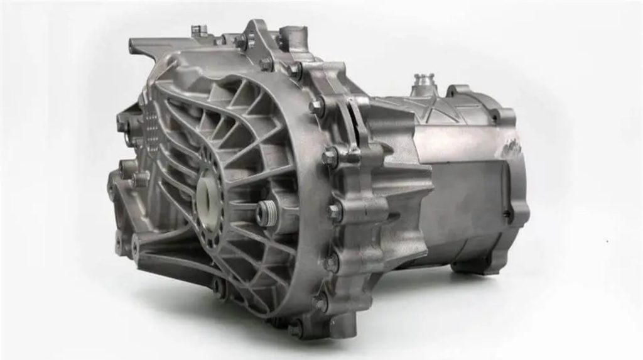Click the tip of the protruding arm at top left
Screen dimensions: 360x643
133,45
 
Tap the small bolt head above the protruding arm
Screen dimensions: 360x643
197,29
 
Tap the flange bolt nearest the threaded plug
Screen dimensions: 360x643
334,212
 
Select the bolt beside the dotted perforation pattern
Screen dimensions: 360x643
122,126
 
